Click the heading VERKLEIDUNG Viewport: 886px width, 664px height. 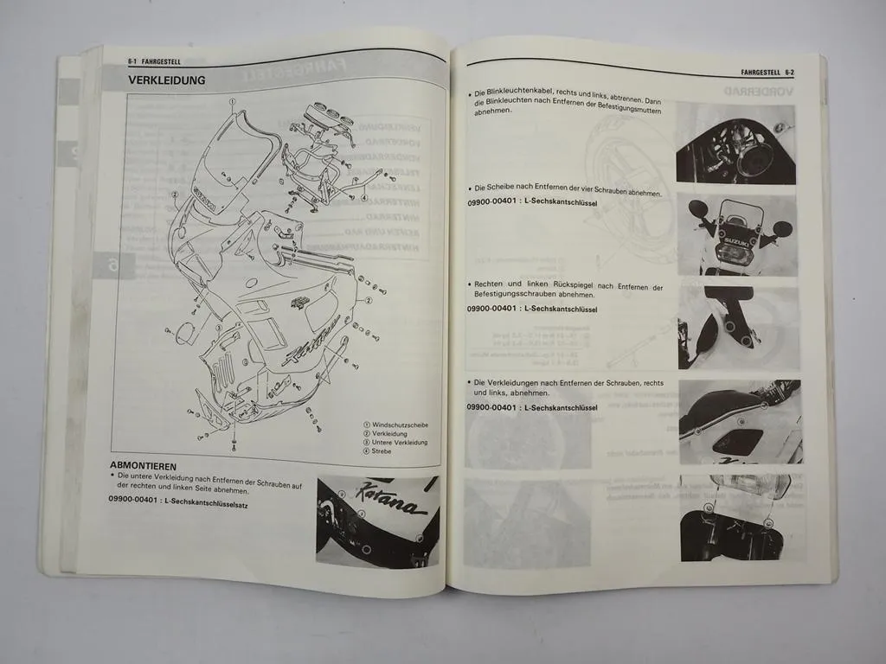pos(167,80)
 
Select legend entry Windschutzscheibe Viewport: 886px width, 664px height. pos(399,425)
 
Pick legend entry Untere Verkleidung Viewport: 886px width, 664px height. pos(399,443)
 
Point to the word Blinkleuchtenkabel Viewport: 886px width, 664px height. pos(523,93)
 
